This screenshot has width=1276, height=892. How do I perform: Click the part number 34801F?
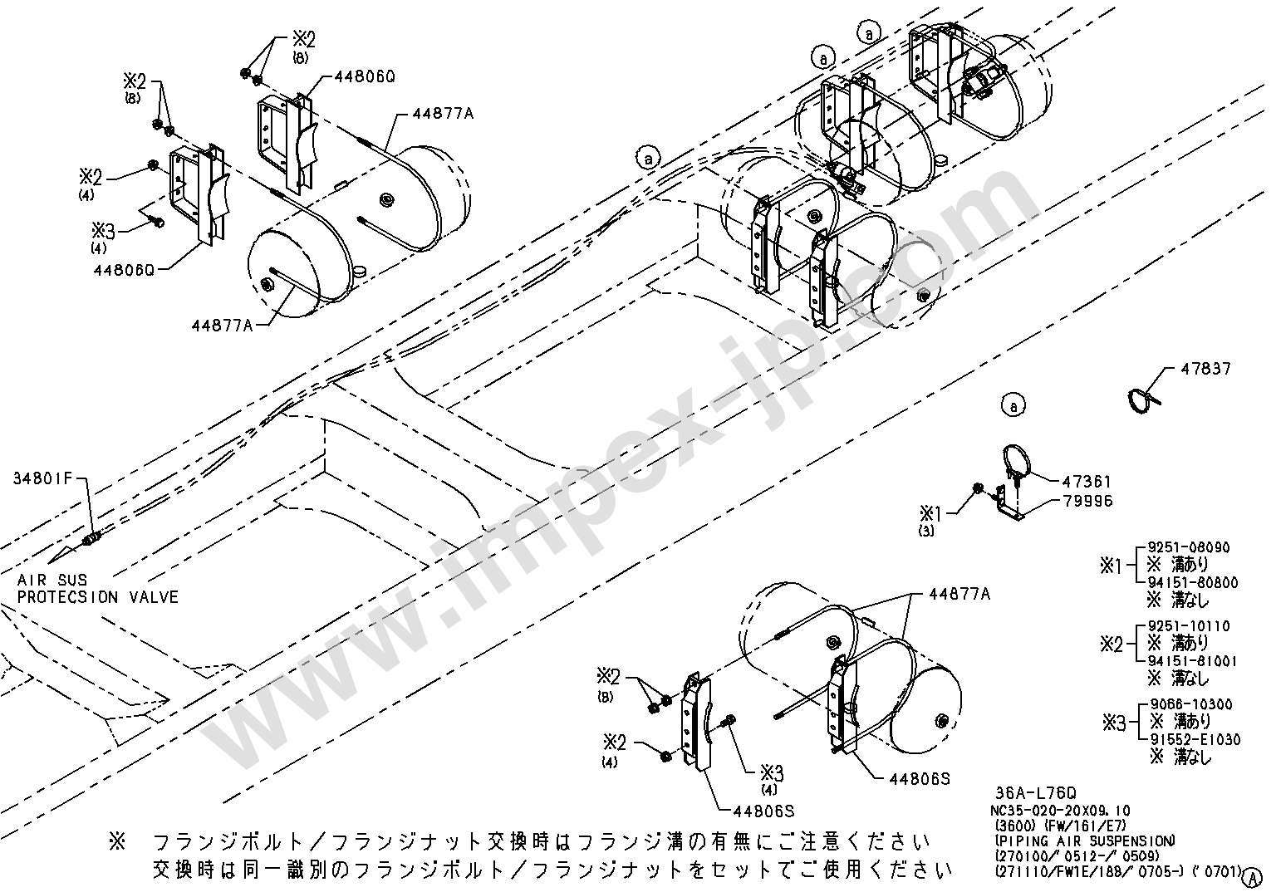click(x=43, y=478)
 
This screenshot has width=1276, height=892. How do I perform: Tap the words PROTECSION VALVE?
click(x=98, y=597)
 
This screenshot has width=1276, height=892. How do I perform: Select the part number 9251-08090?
click(x=1189, y=548)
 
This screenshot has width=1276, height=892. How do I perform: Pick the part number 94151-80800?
click(x=1193, y=583)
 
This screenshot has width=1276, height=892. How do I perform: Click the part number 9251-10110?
click(x=1189, y=626)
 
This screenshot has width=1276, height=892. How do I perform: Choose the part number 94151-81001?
click(x=1193, y=661)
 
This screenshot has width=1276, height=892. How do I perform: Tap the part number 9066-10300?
click(x=1189, y=704)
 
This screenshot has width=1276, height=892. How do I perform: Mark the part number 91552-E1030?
click(x=1195, y=739)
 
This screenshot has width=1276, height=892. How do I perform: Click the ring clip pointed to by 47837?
click(x=1142, y=399)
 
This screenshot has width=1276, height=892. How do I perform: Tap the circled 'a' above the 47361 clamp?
click(x=1014, y=406)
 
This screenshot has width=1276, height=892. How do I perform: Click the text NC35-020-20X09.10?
click(x=1062, y=811)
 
